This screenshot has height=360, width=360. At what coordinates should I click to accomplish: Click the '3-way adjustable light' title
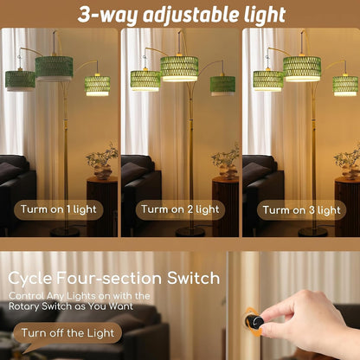click(182, 15)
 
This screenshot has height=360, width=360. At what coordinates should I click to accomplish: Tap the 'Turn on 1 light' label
click(59, 209)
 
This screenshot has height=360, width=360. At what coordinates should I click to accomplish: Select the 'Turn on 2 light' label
click(180, 209)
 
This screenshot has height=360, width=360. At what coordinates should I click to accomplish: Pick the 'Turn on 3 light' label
click(302, 210)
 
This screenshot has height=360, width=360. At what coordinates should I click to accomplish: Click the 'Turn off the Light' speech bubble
click(67, 333)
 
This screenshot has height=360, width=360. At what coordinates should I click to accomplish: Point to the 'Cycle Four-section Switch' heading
click(114, 278)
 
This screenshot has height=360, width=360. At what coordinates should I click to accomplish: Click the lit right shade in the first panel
click(98, 86)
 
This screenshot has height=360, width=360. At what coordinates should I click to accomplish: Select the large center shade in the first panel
click(54, 68)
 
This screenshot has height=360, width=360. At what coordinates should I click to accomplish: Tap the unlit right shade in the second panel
click(222, 86)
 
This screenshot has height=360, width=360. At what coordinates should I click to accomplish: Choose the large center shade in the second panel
click(179, 68)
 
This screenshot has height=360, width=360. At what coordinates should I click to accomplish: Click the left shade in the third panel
click(268, 80)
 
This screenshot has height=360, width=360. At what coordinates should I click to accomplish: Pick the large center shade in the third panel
click(302, 69)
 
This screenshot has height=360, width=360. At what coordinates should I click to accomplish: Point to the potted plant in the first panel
click(102, 161)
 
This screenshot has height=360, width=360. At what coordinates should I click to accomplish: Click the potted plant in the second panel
click(225, 161)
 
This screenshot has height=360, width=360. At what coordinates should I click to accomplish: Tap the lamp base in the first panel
click(65, 231)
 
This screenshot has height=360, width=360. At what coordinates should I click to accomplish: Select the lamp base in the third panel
click(313, 232)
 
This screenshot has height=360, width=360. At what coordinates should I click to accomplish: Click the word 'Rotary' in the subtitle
click(24, 306)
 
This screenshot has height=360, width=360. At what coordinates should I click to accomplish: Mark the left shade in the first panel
click(20, 80)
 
